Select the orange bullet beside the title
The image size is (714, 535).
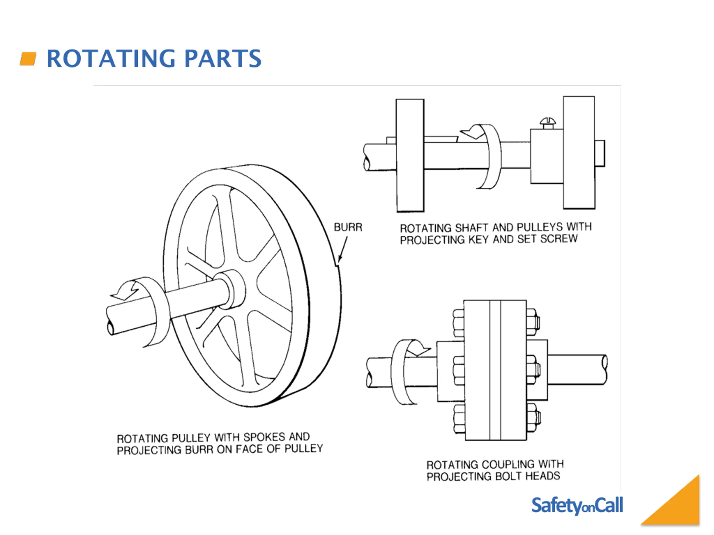(x=28, y=59)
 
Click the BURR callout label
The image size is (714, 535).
(x=348, y=227)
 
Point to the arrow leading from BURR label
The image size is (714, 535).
(x=343, y=249)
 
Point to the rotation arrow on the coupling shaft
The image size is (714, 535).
(x=404, y=371)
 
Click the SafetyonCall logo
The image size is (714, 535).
(x=577, y=506)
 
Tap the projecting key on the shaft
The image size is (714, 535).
(x=440, y=139)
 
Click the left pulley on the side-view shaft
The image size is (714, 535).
(x=410, y=155)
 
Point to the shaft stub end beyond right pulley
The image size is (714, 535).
(x=600, y=154)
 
